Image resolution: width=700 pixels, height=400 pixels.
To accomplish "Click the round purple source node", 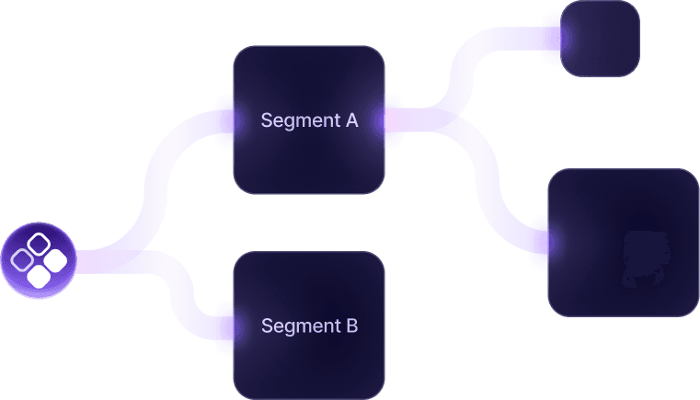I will (x=38, y=260).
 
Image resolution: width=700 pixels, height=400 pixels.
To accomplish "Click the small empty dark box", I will (x=601, y=38).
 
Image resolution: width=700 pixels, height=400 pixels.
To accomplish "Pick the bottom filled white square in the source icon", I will (x=38, y=275).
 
